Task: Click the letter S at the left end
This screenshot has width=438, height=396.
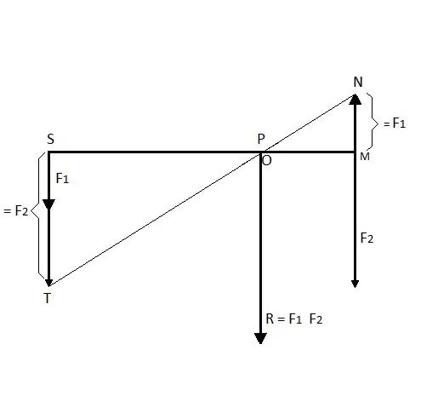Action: click(x=50, y=139)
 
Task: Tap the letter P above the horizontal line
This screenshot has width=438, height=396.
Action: click(x=261, y=139)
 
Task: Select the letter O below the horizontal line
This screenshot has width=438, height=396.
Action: click(x=267, y=161)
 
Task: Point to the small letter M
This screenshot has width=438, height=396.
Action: click(x=365, y=157)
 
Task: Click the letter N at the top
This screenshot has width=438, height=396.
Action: click(x=358, y=82)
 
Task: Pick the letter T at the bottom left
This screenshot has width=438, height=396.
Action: click(x=48, y=298)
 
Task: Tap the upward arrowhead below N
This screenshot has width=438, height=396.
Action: click(x=355, y=100)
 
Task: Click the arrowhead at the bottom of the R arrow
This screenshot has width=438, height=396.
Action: click(x=260, y=338)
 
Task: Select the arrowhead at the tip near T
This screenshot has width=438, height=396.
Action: click(x=48, y=283)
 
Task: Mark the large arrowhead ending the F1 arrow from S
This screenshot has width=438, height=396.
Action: click(x=48, y=204)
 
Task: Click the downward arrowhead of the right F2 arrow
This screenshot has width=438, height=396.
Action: click(x=355, y=284)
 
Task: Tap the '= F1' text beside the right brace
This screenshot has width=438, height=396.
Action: click(x=395, y=123)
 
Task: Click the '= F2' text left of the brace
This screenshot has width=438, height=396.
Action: click(x=16, y=211)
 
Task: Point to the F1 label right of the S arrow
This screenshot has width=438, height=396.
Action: click(x=62, y=178)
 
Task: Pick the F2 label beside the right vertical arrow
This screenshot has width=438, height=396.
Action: click(x=367, y=238)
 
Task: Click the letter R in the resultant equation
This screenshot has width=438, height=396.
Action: click(x=270, y=319)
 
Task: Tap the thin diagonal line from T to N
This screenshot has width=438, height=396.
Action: click(x=202, y=190)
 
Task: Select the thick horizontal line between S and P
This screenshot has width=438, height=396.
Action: click(x=155, y=152)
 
